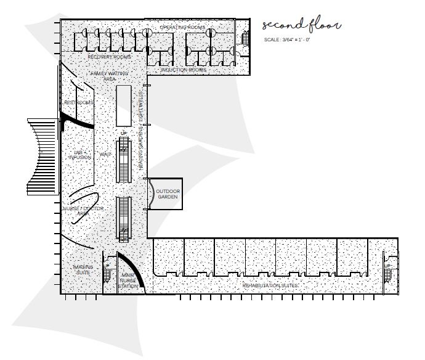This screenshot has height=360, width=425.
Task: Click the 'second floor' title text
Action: tap(301, 25)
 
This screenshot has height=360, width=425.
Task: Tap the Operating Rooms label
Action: tap(182, 28)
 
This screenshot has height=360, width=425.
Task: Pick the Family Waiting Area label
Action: tap(109, 76)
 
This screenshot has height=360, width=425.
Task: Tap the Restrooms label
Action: tap(78, 102)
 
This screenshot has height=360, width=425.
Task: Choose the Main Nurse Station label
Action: tap(129, 280)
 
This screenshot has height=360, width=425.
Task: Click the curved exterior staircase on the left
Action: tap(41, 157)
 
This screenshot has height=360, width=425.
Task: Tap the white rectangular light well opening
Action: tap(124, 105)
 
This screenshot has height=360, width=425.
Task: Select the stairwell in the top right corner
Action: tap(245, 39)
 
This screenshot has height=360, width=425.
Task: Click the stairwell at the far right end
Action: tap(387, 269)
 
